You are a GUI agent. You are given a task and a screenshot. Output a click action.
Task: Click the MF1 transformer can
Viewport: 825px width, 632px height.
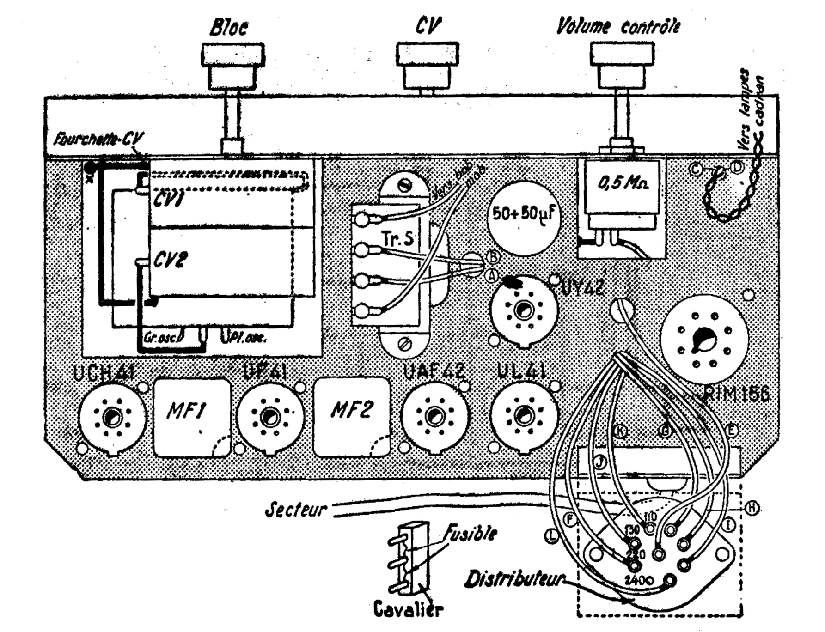click(x=192, y=417)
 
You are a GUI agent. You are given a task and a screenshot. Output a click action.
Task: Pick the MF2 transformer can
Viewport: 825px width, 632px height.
click(x=352, y=417)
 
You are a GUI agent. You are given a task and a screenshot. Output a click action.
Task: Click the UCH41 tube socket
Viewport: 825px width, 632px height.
click(x=112, y=417)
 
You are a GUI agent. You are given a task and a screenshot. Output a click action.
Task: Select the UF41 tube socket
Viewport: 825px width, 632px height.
click(x=270, y=417)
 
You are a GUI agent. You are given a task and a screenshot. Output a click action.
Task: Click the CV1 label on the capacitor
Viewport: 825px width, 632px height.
click(x=168, y=200)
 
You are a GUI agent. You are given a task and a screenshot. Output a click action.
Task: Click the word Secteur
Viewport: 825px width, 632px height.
click(x=296, y=510)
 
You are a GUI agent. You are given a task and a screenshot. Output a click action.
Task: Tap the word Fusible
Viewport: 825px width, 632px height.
click(x=471, y=534)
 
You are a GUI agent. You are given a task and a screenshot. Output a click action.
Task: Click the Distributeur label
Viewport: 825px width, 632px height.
click(x=515, y=579)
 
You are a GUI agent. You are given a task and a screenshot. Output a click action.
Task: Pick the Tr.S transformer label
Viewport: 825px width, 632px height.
click(x=397, y=239)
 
